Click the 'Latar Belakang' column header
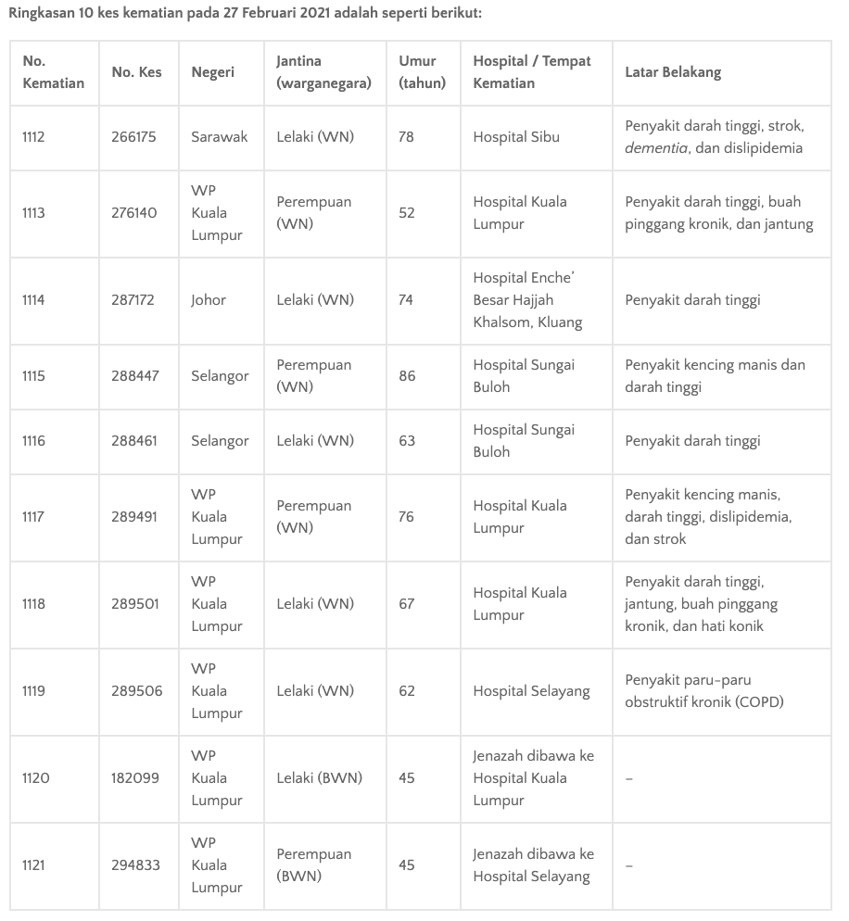(x=673, y=72)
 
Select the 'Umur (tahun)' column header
(x=422, y=72)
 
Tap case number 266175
(x=134, y=137)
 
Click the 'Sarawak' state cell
(x=220, y=137)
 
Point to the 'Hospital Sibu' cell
(x=516, y=137)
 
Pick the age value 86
(x=407, y=376)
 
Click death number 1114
(x=33, y=300)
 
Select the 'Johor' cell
(x=209, y=300)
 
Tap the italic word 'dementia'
(x=656, y=148)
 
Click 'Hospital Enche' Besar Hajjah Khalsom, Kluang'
(x=527, y=300)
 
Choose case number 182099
(x=135, y=778)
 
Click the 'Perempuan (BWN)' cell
(x=313, y=865)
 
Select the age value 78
(x=407, y=137)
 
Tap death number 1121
(x=33, y=865)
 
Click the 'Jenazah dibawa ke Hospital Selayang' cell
(x=533, y=865)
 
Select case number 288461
(x=134, y=441)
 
